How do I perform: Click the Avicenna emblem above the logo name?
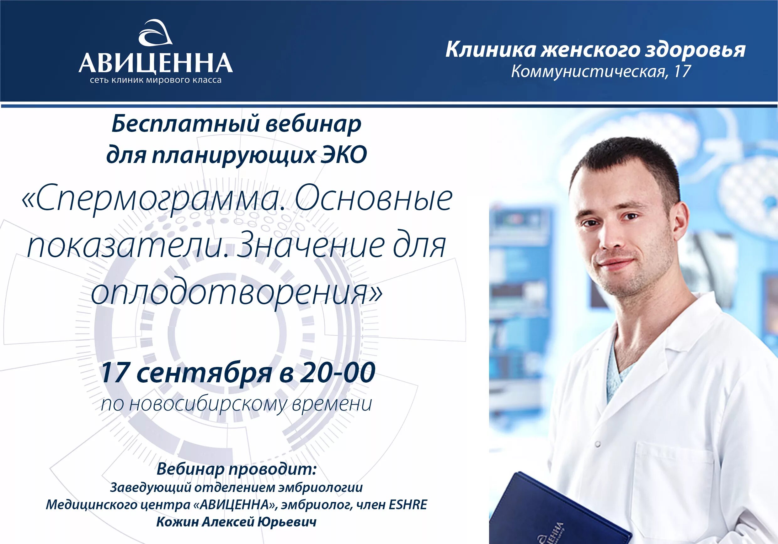[156, 33]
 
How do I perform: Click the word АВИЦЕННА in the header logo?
[156, 63]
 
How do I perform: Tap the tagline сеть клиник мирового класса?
[156, 80]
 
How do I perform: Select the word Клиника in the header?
[490, 50]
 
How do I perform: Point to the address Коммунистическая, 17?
[601, 71]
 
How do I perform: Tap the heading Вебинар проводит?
[237, 469]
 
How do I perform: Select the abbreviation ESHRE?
[408, 505]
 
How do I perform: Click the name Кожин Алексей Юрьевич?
[237, 522]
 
